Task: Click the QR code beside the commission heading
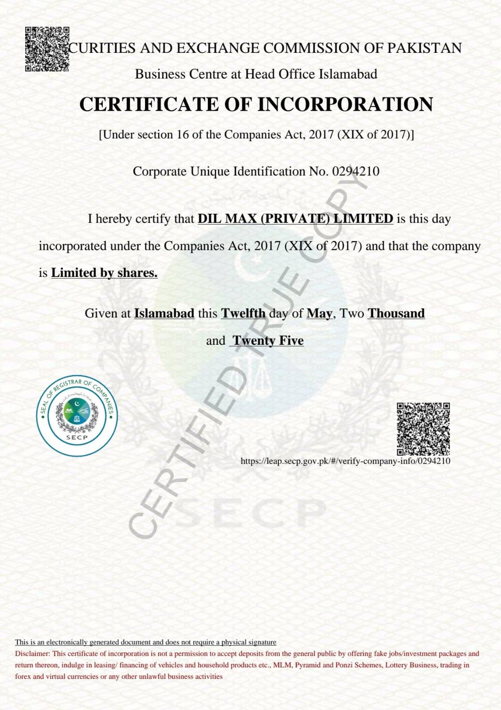pyautogui.click(x=47, y=49)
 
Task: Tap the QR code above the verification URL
pyautogui.click(x=423, y=429)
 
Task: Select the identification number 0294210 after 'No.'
pyautogui.click(x=356, y=171)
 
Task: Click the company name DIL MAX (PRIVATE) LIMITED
pyautogui.click(x=295, y=219)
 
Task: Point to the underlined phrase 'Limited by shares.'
pyautogui.click(x=104, y=273)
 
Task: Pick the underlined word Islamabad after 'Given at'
pyautogui.click(x=164, y=313)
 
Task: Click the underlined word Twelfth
pyautogui.click(x=243, y=313)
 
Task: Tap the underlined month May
pyautogui.click(x=319, y=314)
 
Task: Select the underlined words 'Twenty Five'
pyautogui.click(x=268, y=341)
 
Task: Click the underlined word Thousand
pyautogui.click(x=396, y=313)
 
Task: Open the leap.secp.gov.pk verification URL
pyautogui.click(x=345, y=461)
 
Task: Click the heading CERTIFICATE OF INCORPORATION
pyautogui.click(x=256, y=104)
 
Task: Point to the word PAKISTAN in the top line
pyautogui.click(x=424, y=48)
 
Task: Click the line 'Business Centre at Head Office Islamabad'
pyautogui.click(x=256, y=74)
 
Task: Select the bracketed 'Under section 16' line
pyautogui.click(x=256, y=134)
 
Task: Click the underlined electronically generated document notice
pyautogui.click(x=145, y=642)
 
